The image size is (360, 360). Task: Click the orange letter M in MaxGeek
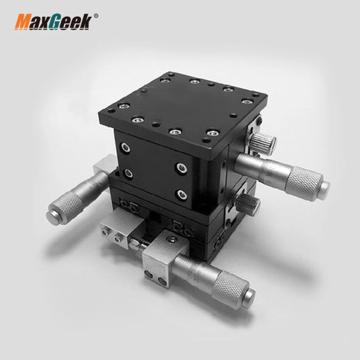coord(23,22)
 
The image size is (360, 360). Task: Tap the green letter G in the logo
coord(56,22)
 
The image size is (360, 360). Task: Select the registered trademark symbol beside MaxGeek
coord(95,17)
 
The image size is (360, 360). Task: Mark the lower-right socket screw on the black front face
coord(182,194)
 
